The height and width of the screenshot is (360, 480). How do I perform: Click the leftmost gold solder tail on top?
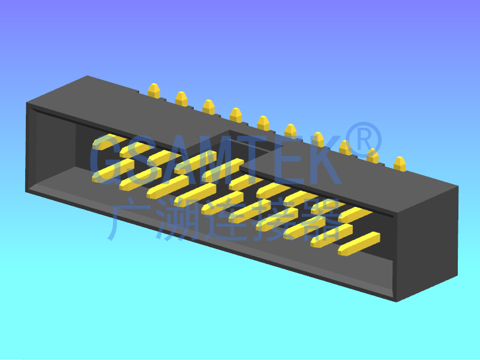point(154,91)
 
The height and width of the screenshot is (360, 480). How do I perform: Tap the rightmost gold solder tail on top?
point(400,164)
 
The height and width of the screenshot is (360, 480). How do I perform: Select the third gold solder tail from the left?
point(208,107)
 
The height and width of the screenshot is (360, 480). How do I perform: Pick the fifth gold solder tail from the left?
point(263,123)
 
